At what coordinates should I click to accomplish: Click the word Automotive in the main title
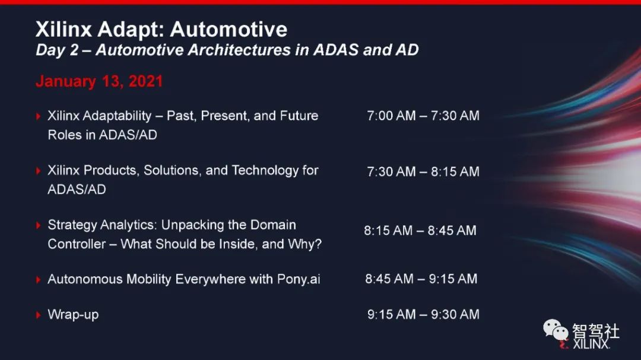(229, 29)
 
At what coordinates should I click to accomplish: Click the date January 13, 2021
(99, 81)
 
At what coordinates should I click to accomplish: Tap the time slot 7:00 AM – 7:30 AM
(423, 116)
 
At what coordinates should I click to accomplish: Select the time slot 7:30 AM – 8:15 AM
(423, 171)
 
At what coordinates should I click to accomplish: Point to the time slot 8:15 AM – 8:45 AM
(420, 231)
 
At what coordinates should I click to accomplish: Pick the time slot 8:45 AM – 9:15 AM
(421, 279)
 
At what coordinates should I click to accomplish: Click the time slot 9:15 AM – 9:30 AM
(423, 314)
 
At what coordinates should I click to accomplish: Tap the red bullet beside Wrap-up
(39, 315)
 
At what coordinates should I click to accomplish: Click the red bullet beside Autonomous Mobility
(39, 280)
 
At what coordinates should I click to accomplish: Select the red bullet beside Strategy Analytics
(39, 225)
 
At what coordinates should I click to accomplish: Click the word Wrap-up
(73, 315)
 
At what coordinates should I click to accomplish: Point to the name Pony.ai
(299, 279)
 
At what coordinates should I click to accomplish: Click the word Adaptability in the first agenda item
(117, 116)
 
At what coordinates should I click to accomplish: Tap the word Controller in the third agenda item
(77, 244)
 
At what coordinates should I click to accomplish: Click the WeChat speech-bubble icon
(556, 330)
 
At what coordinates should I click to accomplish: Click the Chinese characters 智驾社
(596, 331)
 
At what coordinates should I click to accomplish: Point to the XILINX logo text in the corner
(591, 344)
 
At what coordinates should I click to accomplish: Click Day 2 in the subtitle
(57, 50)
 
